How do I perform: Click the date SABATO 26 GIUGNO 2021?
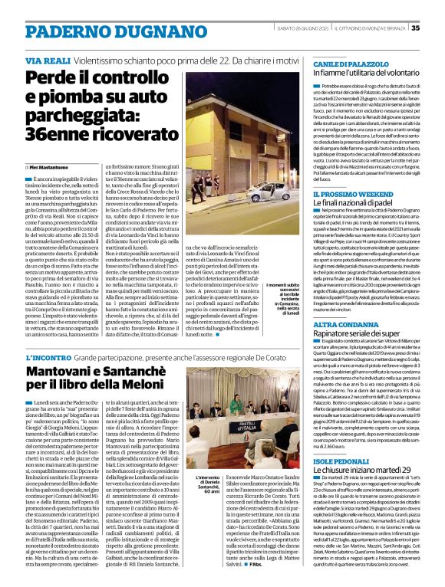coord(302,28)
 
